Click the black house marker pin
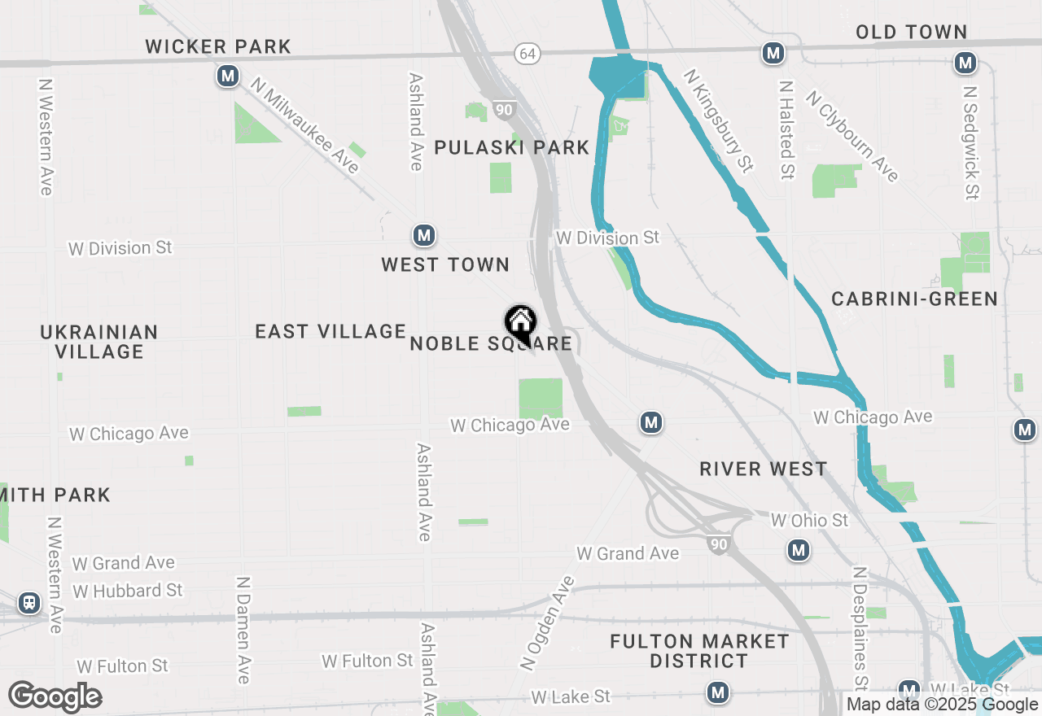point(520,324)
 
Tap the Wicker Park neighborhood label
point(218,46)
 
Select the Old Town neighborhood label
point(911,32)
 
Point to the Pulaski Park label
point(511,147)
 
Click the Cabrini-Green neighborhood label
point(914,299)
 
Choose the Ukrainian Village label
point(99,342)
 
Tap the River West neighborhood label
point(763,469)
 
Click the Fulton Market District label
point(699,651)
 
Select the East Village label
point(331,331)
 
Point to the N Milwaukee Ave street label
point(304,125)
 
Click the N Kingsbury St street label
point(719,120)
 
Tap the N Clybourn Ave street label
point(852,136)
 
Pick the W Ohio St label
point(809,520)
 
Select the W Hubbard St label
point(128,590)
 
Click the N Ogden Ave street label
point(546,623)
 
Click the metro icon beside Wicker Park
point(227,76)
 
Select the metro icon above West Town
point(423,236)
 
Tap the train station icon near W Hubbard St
point(29,603)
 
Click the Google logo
point(55,696)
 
